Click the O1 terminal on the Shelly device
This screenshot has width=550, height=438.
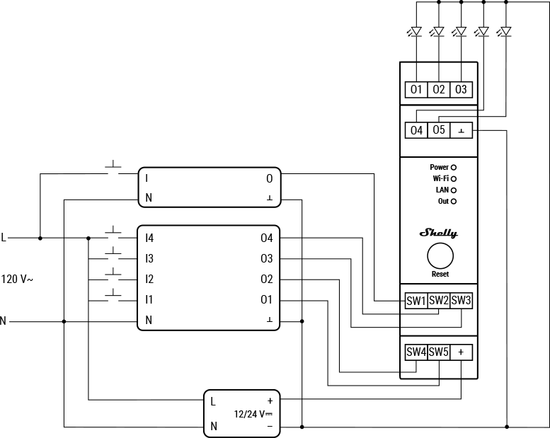click(416, 90)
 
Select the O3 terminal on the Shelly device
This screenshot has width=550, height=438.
click(461, 90)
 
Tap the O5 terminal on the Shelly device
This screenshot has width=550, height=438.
click(439, 130)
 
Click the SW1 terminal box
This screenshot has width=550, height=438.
click(416, 301)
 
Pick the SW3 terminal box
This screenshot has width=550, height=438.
click(461, 301)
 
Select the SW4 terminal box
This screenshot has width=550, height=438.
click(416, 352)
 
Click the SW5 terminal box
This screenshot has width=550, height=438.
click(439, 352)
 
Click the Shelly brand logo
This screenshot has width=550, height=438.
click(439, 233)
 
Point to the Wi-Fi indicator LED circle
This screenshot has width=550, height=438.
click(454, 179)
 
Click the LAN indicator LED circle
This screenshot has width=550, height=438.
click(454, 190)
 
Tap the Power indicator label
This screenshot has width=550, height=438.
click(439, 168)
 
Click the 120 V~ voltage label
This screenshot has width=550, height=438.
click(17, 279)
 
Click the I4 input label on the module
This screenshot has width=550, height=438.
click(149, 238)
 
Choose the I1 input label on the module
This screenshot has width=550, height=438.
click(149, 300)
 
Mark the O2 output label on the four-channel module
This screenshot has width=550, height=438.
click(266, 279)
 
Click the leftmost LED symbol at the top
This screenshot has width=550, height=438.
click(416, 32)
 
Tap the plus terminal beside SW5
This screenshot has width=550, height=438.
click(462, 352)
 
